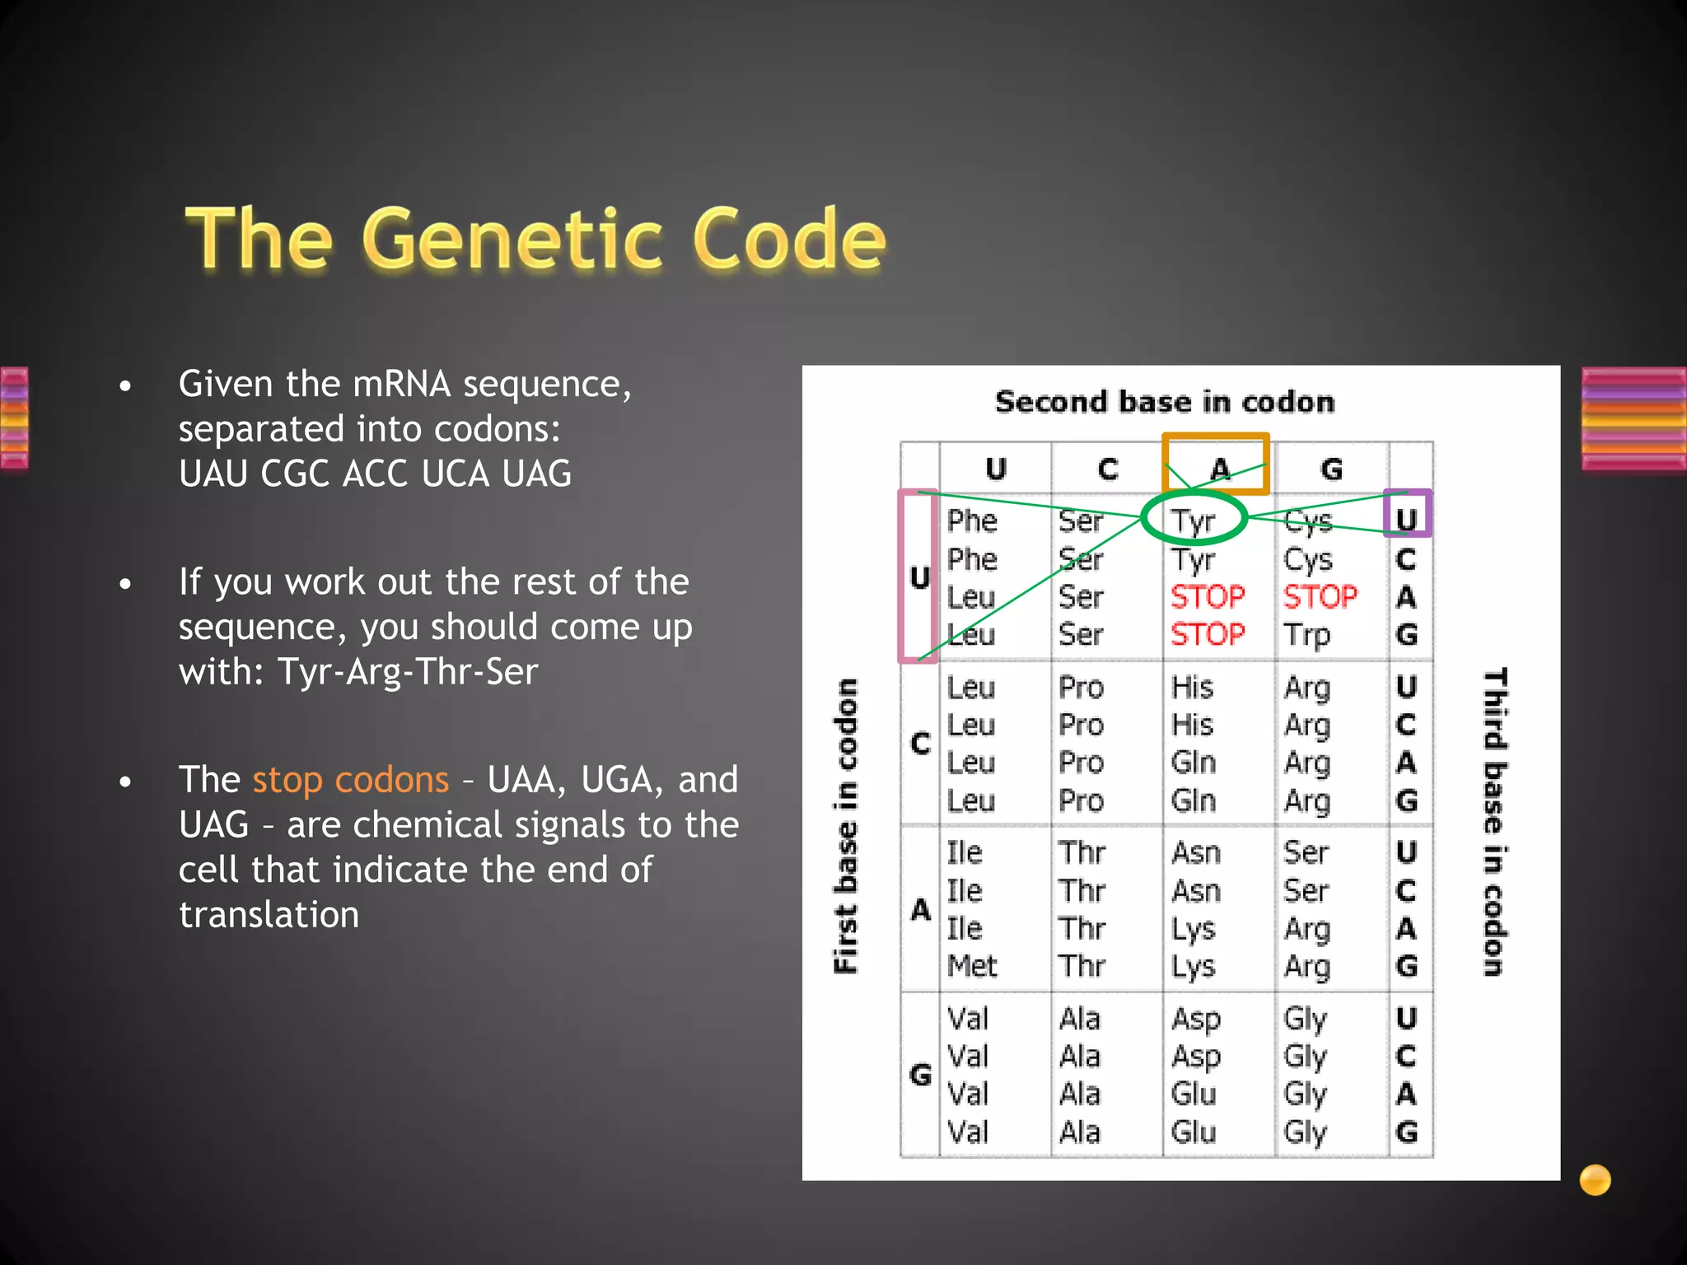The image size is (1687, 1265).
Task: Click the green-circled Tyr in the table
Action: (1194, 520)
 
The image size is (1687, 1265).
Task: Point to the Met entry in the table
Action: (972, 965)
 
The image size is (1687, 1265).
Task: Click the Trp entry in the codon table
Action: (1306, 635)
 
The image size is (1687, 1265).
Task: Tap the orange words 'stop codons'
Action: (350, 780)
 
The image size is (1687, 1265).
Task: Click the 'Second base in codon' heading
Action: (1165, 402)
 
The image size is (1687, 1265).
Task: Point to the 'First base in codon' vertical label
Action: (846, 826)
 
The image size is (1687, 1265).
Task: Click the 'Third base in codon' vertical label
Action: (1495, 822)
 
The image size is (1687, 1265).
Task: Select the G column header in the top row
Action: (1331, 469)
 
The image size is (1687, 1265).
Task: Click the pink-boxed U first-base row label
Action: (919, 576)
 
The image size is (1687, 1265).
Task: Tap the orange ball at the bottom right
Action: (1595, 1179)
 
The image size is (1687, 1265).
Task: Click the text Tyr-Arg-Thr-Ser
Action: (408, 672)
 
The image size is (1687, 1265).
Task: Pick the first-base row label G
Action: (920, 1075)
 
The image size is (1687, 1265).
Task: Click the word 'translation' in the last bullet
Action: (269, 915)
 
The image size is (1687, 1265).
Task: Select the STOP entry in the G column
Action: (1320, 596)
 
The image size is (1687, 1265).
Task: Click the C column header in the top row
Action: (1108, 469)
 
